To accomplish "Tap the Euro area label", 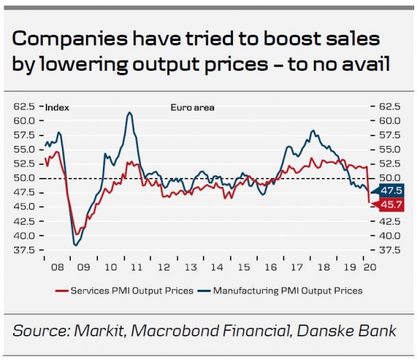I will tap(193, 108).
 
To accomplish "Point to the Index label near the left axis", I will tap(56, 108).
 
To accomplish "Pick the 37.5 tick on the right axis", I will tap(389, 250).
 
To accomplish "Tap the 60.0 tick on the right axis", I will tap(389, 121).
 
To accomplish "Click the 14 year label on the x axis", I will tap(217, 266).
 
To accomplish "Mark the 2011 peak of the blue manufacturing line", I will tap(129, 113).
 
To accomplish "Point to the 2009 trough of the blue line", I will tap(75, 245).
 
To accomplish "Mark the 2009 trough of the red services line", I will tap(76, 234).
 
